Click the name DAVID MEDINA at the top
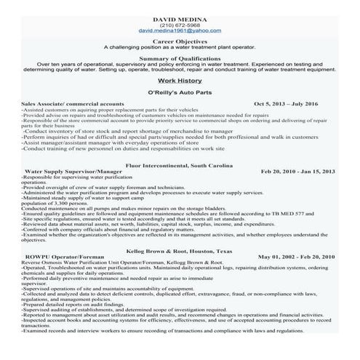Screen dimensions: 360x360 (180, 14)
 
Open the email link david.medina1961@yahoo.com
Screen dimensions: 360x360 (180, 31)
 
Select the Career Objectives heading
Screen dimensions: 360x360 (180, 41)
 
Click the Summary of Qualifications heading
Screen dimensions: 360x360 (180, 58)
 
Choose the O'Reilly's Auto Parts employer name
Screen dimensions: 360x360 (180, 94)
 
